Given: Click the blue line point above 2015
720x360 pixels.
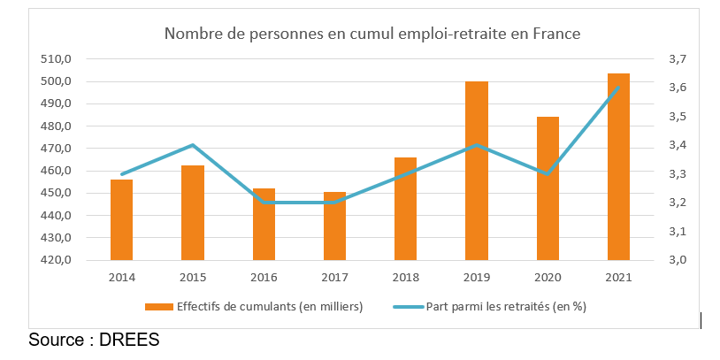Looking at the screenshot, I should pyautogui.click(x=193, y=145).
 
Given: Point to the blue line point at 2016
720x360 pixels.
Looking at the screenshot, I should pyautogui.click(x=264, y=203).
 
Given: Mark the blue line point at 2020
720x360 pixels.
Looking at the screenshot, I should pyautogui.click(x=548, y=173).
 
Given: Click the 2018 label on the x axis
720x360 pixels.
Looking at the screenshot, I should pyautogui.click(x=405, y=278).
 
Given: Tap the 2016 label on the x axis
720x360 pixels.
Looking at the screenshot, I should pyautogui.click(x=264, y=278).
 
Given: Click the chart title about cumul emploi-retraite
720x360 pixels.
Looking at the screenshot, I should pyautogui.click(x=371, y=34).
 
